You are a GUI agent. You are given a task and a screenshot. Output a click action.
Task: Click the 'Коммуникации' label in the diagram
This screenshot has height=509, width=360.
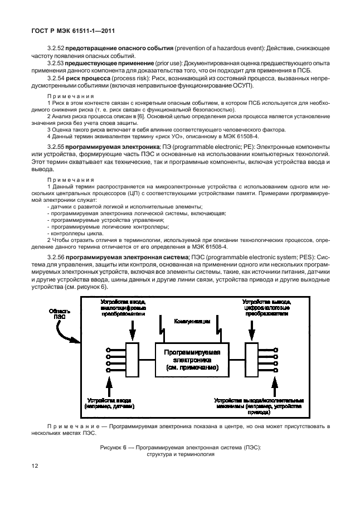point(192,322)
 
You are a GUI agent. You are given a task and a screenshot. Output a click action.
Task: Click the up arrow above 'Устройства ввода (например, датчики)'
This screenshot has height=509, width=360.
point(110,385)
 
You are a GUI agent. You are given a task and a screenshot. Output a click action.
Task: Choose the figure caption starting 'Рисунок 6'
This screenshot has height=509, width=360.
point(181,449)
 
